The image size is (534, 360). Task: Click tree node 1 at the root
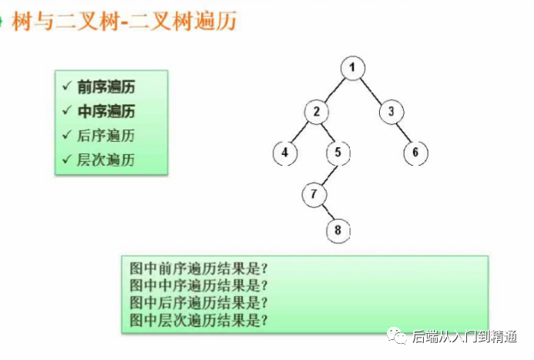coord(351,69)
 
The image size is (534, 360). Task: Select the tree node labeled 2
coord(316,111)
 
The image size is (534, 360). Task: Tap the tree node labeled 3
coord(391,111)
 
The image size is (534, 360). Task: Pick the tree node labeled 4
coord(284,153)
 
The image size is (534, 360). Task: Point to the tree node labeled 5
coord(338,153)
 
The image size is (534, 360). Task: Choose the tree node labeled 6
coord(415,153)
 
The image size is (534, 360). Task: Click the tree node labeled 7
coord(314,194)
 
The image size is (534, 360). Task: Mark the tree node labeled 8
coord(337,230)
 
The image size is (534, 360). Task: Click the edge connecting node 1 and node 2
coord(334,90)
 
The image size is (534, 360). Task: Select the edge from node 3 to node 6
coord(403,132)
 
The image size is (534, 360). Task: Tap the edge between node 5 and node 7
coord(326,173)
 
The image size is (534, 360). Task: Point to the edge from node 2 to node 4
coord(301,132)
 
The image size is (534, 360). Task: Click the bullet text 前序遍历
coord(106,86)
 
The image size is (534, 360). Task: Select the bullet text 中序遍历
coord(106,111)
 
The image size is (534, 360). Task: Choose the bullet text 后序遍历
coord(106,136)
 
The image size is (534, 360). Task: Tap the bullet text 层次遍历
coord(106,160)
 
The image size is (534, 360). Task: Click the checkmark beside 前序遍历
coord(68,86)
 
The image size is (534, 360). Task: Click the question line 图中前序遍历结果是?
coord(199,270)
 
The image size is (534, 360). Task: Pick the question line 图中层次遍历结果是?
coord(199,318)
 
